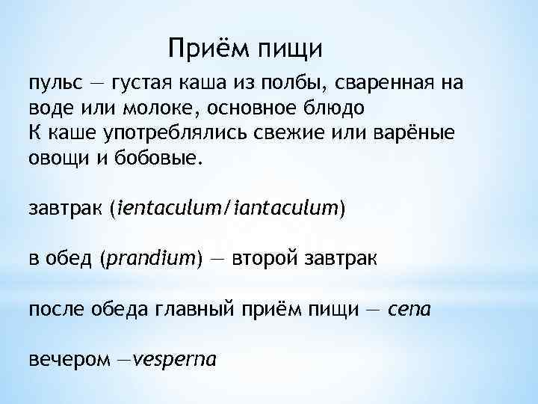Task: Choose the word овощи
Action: click(58, 157)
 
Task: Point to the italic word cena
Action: click(409, 308)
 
